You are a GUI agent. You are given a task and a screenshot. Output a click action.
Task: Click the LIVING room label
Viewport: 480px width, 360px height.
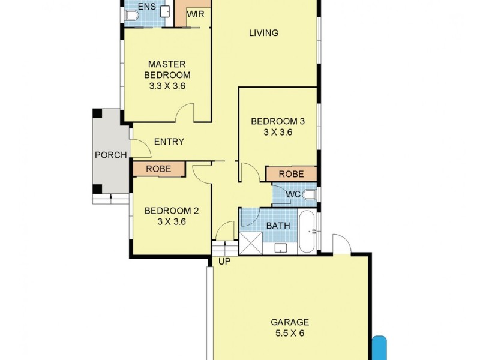(263, 33)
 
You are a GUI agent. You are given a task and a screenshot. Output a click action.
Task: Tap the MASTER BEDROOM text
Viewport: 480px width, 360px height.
(169, 70)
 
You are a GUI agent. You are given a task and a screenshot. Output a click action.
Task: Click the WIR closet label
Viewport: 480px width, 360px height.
(196, 13)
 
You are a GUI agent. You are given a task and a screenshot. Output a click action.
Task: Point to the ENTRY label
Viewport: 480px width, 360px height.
(169, 142)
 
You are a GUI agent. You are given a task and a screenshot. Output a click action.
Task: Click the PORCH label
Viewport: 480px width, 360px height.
(111, 155)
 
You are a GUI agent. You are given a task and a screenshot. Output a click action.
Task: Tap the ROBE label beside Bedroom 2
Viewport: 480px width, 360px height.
(158, 169)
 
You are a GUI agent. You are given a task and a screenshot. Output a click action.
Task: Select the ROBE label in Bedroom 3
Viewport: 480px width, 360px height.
(291, 174)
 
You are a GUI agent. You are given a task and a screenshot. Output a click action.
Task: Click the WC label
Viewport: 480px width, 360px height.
(293, 194)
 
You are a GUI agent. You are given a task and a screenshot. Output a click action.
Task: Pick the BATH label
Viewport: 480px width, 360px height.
(278, 226)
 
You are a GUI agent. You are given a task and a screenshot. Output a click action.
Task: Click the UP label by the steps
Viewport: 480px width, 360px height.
(224, 262)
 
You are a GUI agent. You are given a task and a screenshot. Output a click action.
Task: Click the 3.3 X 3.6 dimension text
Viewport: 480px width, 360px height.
(169, 86)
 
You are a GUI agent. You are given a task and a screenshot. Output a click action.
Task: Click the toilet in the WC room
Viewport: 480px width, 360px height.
(308, 194)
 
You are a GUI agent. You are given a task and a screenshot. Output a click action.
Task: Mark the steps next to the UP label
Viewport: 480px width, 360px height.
(221, 247)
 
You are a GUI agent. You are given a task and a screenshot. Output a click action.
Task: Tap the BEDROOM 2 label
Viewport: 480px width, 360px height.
(172, 211)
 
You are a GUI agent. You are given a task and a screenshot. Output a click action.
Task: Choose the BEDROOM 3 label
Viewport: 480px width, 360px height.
(277, 121)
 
